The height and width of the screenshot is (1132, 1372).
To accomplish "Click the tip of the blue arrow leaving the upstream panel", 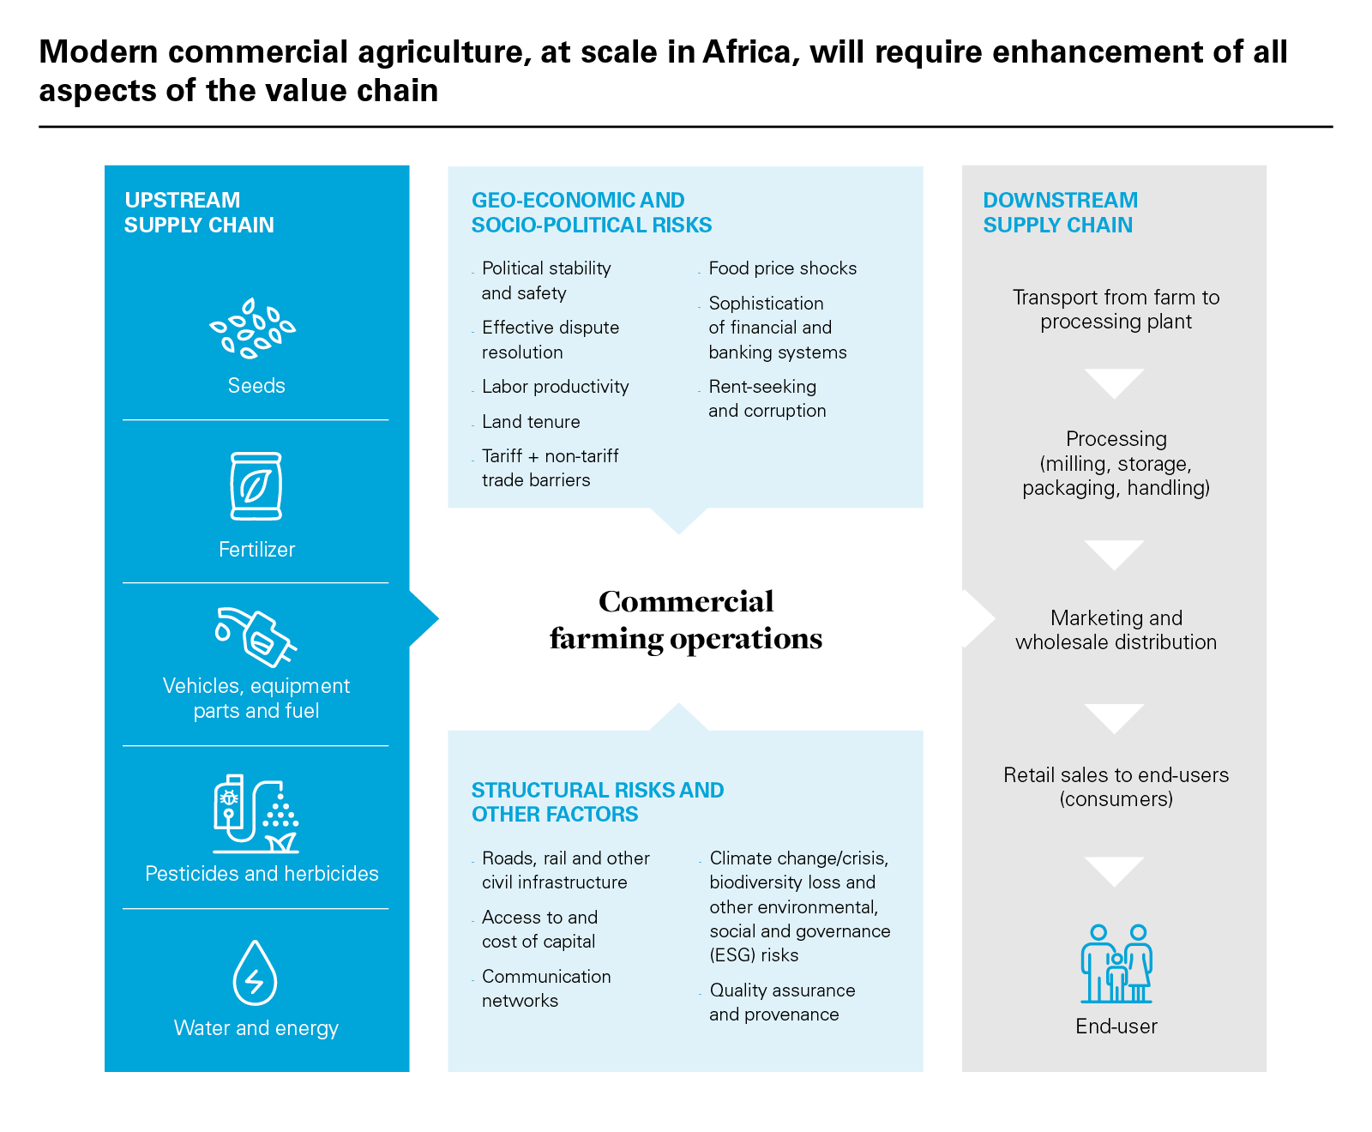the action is (439, 618).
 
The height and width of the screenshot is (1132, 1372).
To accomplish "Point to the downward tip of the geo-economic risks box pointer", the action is (679, 534).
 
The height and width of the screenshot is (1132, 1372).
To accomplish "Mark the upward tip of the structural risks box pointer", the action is (679, 703).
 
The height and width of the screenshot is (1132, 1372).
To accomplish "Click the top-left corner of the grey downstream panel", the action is (962, 166).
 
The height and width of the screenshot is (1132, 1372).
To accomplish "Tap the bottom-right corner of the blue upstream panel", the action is (409, 1072).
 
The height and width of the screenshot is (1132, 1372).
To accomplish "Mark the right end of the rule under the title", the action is (1333, 127).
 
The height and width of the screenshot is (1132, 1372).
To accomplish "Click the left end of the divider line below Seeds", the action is (123, 420).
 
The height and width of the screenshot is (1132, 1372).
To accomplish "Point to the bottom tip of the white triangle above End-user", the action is (1115, 888).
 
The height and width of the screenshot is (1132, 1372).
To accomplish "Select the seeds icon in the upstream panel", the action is (253, 328).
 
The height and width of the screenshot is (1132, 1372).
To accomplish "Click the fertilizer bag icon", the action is (256, 486).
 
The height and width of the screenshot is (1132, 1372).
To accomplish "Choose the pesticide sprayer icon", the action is (256, 814).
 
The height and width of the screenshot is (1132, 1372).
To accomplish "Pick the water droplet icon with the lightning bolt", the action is (256, 973).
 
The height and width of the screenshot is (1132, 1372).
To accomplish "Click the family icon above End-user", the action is (1116, 964).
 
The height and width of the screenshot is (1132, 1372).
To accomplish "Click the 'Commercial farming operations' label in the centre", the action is (686, 620).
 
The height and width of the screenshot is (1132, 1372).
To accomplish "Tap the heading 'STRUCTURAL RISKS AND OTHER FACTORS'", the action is (598, 802).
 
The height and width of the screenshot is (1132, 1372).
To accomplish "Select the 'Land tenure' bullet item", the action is (531, 422).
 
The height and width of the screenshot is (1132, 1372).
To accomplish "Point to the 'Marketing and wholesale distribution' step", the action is (1116, 630).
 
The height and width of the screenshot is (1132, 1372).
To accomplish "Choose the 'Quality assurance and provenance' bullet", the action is (782, 1003).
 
